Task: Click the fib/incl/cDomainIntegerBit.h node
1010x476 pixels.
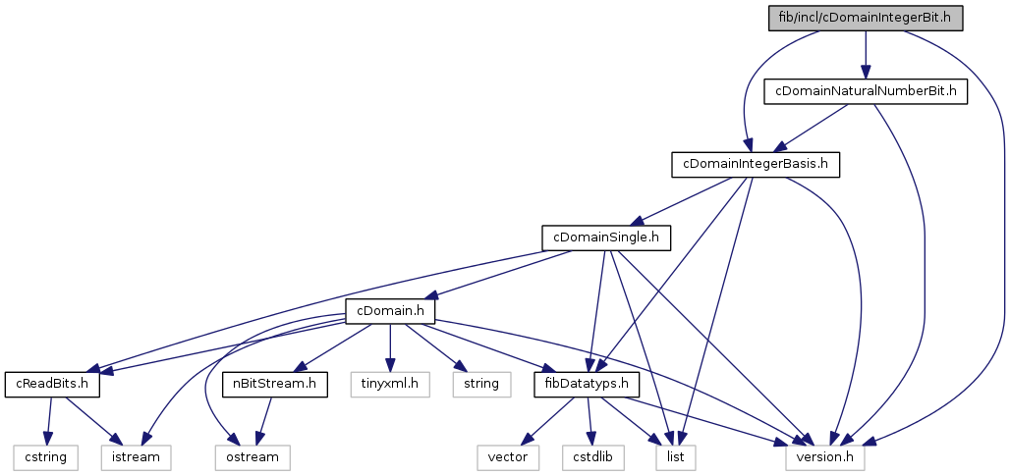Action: [x=865, y=18]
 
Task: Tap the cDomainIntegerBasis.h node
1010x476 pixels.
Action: [x=755, y=164]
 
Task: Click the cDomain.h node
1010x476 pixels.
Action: [x=389, y=310]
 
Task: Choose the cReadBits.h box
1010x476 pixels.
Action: [x=53, y=383]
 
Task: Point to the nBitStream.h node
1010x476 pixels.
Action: [x=274, y=383]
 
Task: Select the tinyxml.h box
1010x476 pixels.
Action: [x=391, y=383]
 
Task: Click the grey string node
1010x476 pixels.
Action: [x=480, y=383]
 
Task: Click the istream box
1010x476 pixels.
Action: [x=135, y=456]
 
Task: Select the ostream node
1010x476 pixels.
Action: [x=247, y=456]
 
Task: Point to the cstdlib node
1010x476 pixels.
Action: [x=593, y=456]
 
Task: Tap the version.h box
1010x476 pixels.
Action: [x=825, y=456]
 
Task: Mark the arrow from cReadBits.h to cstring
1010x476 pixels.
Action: [x=46, y=419]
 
